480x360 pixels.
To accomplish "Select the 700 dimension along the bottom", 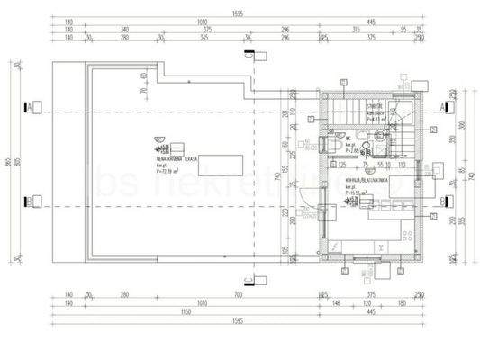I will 237,294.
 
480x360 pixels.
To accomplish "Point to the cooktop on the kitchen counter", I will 403,236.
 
